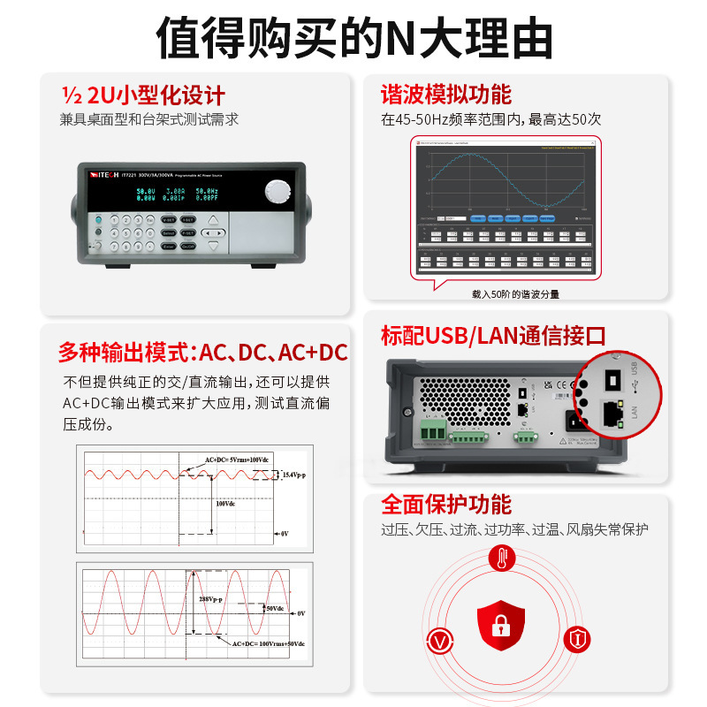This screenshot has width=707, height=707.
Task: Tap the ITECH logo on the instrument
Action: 107,175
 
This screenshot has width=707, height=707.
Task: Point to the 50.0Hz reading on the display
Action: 208,191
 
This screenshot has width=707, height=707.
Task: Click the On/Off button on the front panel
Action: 189,247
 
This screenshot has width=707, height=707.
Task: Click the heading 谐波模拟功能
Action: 446,95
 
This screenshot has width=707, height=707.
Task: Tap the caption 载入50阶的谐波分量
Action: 515,294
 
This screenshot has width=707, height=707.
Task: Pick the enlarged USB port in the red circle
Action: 611,378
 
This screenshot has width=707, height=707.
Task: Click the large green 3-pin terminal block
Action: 433,430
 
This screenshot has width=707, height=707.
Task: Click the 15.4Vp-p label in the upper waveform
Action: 293,475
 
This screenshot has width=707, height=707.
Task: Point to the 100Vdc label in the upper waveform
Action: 226,504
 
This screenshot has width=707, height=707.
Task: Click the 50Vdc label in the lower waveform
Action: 275,608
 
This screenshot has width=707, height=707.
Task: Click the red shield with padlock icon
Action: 500,625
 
